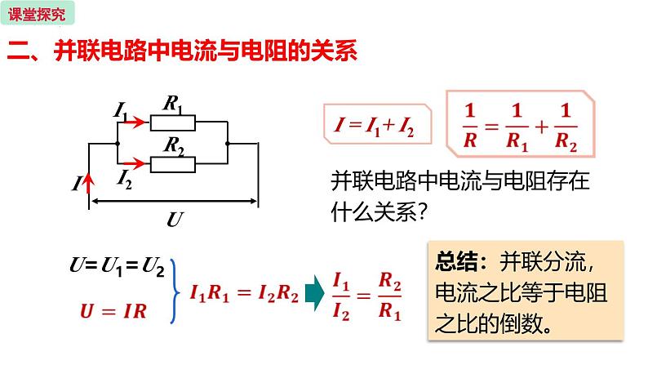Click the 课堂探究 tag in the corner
click(38, 13)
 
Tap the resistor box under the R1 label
click(172, 123)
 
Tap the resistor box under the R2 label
click(172, 165)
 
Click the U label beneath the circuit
click(174, 219)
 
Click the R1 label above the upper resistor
click(172, 104)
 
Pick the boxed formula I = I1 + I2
click(371, 126)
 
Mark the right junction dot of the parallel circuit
click(229, 144)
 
